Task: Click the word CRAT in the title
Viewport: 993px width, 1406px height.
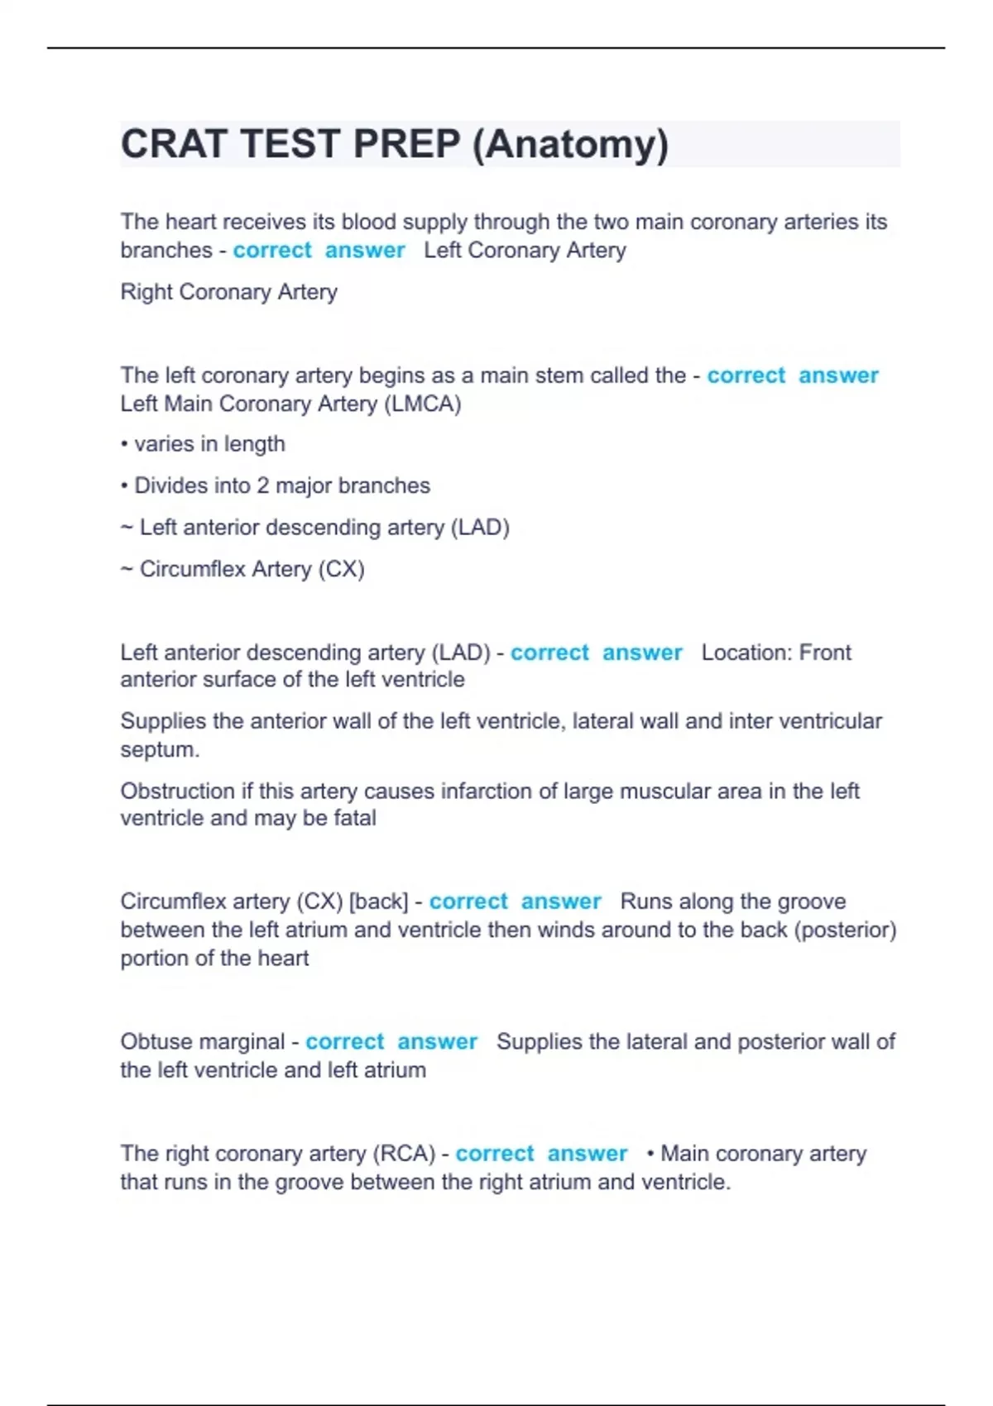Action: click(173, 144)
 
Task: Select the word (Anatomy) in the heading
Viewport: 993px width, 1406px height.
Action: click(570, 144)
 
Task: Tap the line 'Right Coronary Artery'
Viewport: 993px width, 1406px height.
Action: click(228, 292)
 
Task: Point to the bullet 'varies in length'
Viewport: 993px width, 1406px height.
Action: click(209, 444)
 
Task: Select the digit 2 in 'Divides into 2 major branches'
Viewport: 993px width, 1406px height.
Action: click(262, 485)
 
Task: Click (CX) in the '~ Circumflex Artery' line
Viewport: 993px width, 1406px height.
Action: click(341, 569)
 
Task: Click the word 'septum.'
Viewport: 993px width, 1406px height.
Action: click(160, 749)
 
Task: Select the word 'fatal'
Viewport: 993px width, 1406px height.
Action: click(354, 818)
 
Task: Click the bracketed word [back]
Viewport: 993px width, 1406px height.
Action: click(378, 901)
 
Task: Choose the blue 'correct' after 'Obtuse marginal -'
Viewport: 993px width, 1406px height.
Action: click(344, 1041)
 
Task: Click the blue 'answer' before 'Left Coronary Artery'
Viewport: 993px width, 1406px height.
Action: click(364, 250)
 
